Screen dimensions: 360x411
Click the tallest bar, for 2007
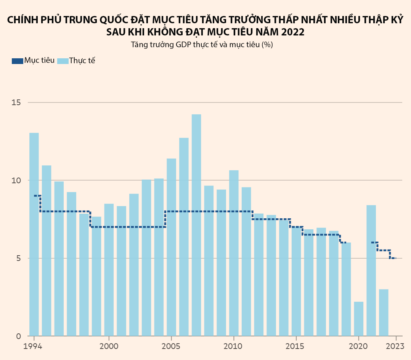coord(196,225)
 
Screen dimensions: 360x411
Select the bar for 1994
coord(34,234)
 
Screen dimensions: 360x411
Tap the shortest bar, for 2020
coord(358,319)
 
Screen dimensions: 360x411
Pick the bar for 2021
coord(371,270)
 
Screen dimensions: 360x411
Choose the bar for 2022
coord(384,312)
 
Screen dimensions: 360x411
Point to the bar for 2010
coord(234,253)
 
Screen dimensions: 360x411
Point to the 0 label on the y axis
coord(18,336)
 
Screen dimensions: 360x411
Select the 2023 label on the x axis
coord(396,347)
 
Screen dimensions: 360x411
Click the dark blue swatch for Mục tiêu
coord(18,61)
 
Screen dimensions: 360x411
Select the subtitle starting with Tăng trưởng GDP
coord(202,45)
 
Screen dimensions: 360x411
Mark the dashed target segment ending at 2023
coord(393,258)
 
